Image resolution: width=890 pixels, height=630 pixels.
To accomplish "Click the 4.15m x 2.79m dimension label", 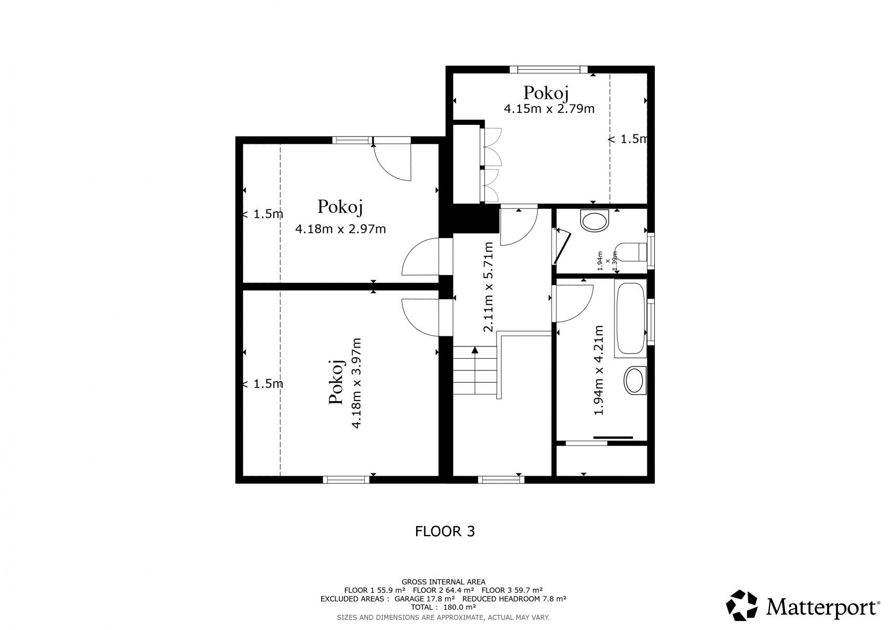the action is [549, 109].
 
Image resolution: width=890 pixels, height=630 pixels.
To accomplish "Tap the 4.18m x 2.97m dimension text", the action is [341, 229].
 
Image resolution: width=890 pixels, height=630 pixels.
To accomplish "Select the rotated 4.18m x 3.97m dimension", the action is [356, 383].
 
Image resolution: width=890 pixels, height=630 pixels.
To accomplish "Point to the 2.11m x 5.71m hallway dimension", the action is [488, 287].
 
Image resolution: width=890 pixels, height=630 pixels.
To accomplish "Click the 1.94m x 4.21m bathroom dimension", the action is [599, 370].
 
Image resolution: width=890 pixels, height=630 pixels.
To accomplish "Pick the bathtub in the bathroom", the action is [631, 318].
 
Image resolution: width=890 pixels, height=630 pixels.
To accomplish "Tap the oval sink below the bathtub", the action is [635, 381].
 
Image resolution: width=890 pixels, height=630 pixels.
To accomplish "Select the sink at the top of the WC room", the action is [595, 220].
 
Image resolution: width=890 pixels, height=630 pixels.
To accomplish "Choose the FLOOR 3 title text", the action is [445, 531].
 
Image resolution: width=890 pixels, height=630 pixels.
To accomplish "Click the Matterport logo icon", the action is [741, 605].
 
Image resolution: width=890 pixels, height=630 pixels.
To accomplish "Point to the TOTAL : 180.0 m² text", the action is [443, 607].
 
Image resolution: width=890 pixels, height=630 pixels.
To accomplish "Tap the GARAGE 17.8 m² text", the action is [425, 598].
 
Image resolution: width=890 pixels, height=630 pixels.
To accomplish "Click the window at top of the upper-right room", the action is [549, 69].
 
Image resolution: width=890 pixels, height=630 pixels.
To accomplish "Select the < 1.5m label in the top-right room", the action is [628, 139].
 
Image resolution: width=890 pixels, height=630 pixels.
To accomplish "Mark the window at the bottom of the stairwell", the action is [501, 480].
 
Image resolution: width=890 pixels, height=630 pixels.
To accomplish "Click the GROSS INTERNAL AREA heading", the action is [443, 582].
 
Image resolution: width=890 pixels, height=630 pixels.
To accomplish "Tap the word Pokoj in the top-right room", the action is [546, 93].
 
